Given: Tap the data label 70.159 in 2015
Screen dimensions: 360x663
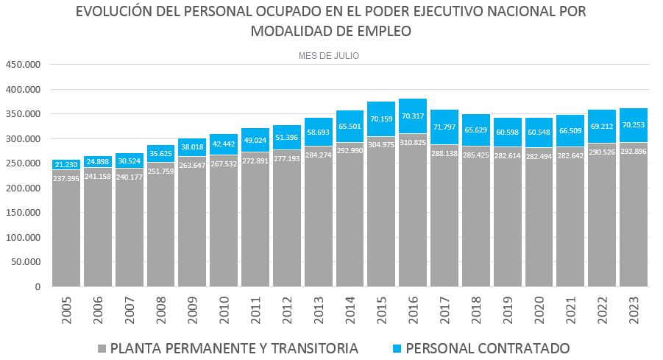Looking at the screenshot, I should coord(381,119).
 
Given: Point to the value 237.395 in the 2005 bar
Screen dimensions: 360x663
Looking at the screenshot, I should coord(66,177).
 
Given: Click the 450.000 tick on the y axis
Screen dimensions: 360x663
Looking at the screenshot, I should coord(23,65).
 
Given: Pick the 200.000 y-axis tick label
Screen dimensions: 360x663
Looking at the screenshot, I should coord(23,188).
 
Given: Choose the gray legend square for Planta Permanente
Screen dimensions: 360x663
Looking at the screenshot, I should coord(102,347).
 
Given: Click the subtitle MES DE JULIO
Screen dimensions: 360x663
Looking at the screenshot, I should coord(329,55).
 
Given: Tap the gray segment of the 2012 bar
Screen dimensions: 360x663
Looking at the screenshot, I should coord(287,236).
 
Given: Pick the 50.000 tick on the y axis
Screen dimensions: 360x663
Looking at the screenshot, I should coord(26,262).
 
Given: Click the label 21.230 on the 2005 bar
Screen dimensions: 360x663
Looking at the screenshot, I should coord(66,165).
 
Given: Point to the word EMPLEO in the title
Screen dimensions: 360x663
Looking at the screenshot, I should coord(384,31).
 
